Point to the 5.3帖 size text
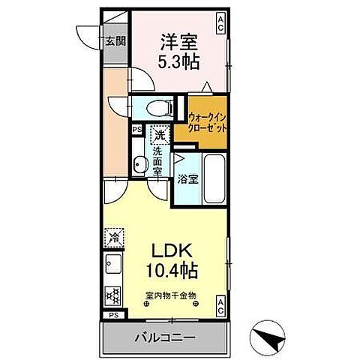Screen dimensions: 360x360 point(178,61)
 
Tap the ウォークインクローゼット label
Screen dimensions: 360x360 point(208,122)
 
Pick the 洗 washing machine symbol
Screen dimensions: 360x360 point(159,136)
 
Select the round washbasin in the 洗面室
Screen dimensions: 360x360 point(139,166)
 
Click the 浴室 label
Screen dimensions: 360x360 point(187,179)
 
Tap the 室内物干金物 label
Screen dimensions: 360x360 point(170,295)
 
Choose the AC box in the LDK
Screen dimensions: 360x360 point(221,304)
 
